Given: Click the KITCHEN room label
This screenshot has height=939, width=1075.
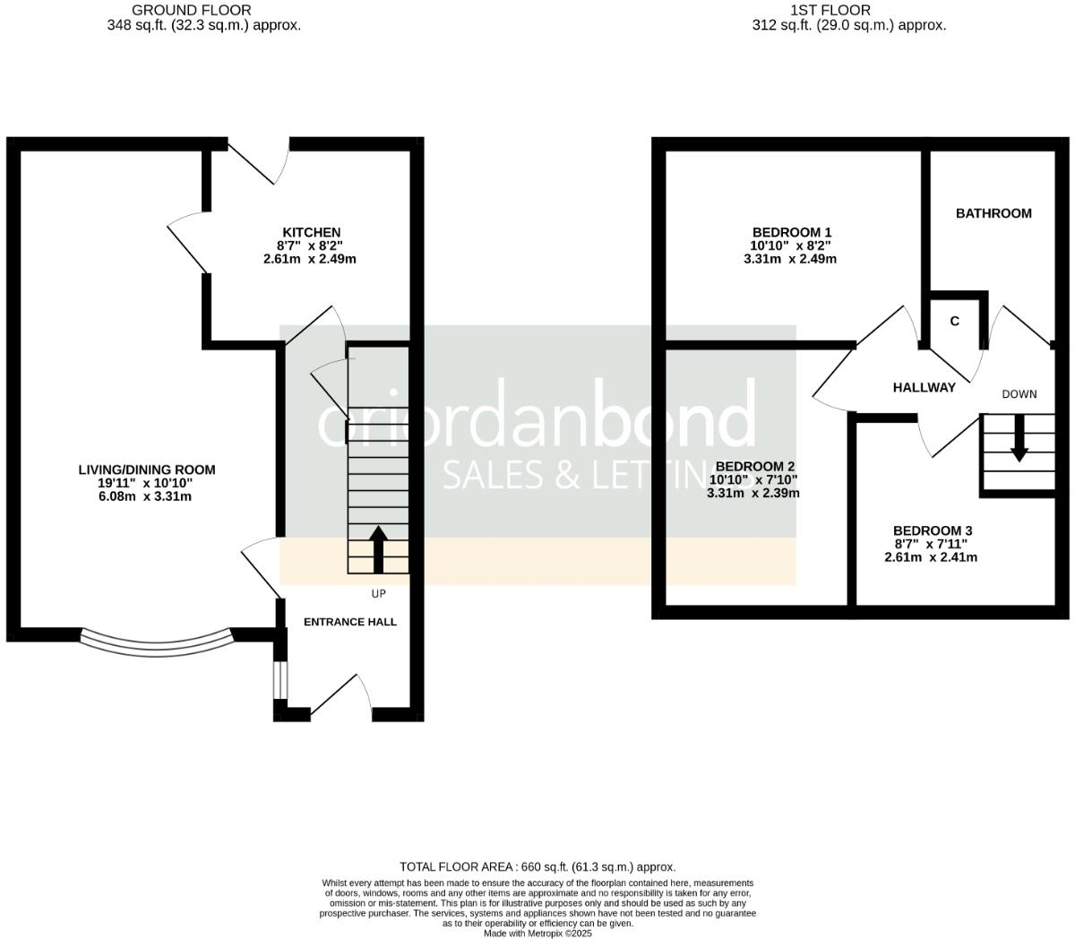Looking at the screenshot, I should click(x=311, y=232).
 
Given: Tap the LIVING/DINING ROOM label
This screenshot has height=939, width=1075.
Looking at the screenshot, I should click(x=147, y=469).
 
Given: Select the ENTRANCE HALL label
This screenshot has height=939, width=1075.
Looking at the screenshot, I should click(x=350, y=622).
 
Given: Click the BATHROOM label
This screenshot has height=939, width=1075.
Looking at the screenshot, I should click(x=993, y=213).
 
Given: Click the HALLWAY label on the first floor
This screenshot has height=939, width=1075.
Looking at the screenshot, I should click(x=924, y=388).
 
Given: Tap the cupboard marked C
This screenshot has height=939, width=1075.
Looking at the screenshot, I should click(x=955, y=321).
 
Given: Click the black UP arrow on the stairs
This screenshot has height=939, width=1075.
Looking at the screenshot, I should click(x=377, y=547).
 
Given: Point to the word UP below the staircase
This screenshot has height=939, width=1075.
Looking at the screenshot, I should click(x=378, y=593).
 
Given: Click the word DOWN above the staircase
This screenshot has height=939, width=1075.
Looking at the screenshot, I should click(x=1019, y=394).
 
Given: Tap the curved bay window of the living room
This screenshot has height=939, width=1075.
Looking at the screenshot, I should click(x=157, y=642).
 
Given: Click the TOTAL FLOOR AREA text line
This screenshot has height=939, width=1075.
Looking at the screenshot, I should click(x=537, y=866).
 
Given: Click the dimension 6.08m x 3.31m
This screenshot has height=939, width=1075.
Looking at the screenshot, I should click(x=147, y=496).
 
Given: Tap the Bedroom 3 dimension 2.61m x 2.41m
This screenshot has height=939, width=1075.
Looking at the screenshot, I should click(x=930, y=556).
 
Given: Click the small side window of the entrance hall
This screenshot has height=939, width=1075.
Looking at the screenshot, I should click(x=280, y=681).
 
